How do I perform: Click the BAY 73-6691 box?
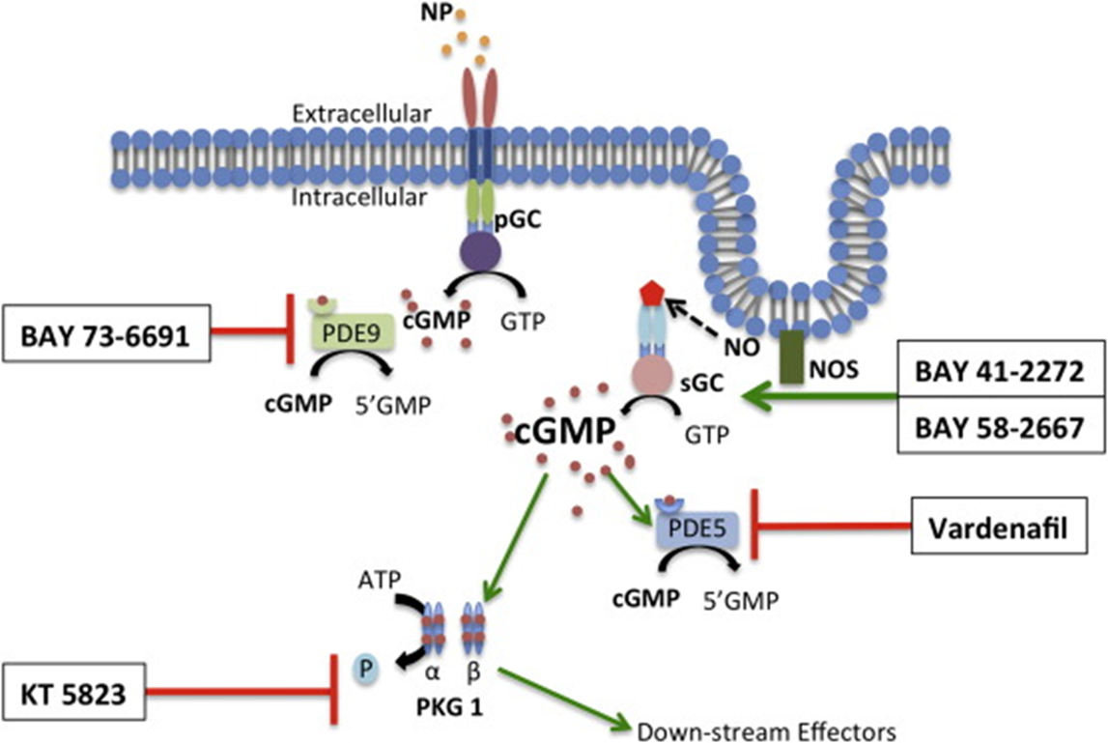coord(104,335)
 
